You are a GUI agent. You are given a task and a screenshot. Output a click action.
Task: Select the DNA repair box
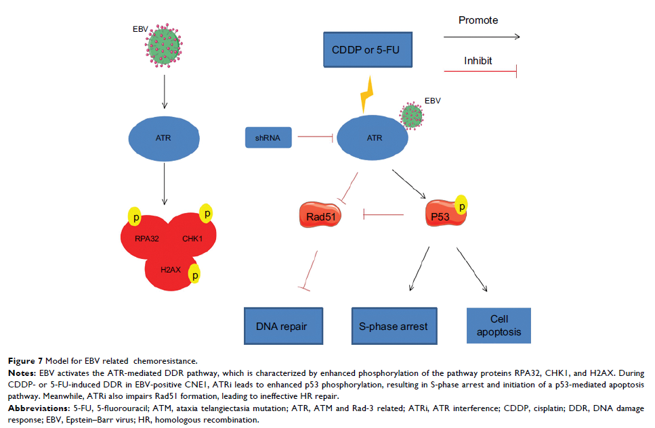[282, 326]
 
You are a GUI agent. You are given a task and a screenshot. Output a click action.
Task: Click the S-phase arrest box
[393, 326]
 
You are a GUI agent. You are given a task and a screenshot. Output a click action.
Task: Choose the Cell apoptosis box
[499, 326]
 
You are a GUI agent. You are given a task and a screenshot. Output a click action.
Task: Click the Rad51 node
[318, 216]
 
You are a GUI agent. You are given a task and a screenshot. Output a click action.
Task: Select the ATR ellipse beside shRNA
[374, 139]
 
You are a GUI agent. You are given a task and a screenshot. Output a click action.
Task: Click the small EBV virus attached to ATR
[413, 115]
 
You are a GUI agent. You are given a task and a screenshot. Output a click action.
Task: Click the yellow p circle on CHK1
[207, 214]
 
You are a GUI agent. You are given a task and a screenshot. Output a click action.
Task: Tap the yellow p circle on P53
[461, 204]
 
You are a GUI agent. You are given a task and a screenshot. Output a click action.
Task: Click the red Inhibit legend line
[480, 70]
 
